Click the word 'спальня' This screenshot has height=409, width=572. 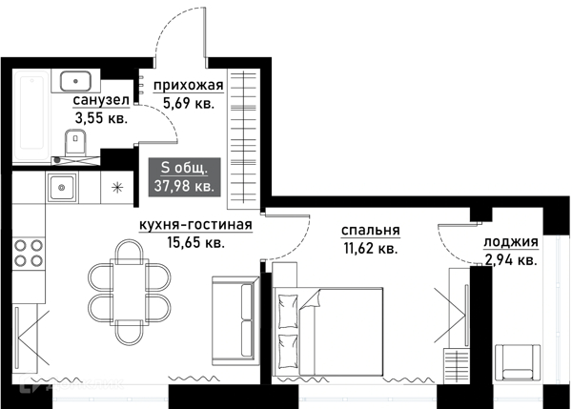370,230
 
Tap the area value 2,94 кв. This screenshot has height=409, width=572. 511,258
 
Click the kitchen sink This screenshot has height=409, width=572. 62,187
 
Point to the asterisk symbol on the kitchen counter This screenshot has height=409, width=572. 117,187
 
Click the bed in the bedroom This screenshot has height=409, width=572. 329,326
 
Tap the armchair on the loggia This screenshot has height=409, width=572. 521,361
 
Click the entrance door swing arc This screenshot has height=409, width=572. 177,33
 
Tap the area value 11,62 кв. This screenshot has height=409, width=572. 370,248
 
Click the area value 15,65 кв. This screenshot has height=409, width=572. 195,243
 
